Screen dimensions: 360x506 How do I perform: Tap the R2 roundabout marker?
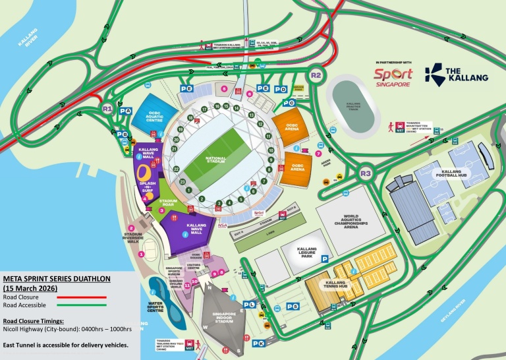(316, 75)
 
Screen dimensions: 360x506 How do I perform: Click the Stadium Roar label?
(169, 202)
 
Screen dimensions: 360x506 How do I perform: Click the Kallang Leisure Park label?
(307, 253)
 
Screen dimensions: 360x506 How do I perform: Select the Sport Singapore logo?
(393, 77)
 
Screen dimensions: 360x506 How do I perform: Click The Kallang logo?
(457, 74)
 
